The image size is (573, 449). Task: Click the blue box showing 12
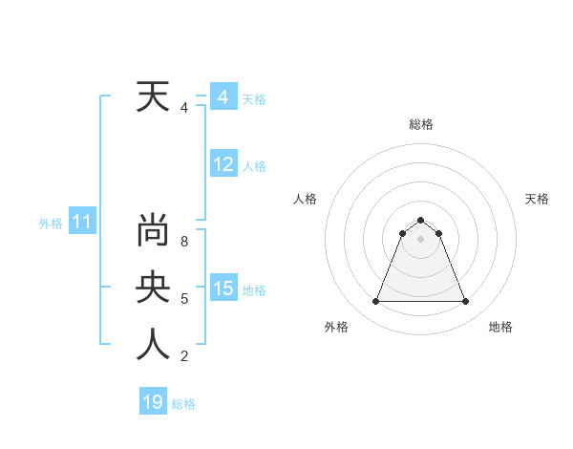(223, 164)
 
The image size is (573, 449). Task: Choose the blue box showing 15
(223, 289)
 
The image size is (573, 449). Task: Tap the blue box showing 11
(82, 223)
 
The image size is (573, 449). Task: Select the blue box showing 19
(153, 402)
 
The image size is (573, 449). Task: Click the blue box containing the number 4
(223, 97)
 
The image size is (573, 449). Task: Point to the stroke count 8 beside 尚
(183, 242)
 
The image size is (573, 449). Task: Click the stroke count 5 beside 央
(183, 299)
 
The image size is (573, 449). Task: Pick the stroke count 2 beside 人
(183, 356)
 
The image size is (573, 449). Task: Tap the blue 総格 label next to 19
(183, 404)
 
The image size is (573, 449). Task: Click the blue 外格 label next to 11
(50, 224)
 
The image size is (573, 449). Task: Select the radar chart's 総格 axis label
(420, 124)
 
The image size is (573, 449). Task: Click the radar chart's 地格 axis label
(500, 327)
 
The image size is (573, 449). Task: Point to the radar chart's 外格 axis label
(336, 327)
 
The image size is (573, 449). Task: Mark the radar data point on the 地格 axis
(465, 302)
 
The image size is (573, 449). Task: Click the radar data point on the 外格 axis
(375, 302)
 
